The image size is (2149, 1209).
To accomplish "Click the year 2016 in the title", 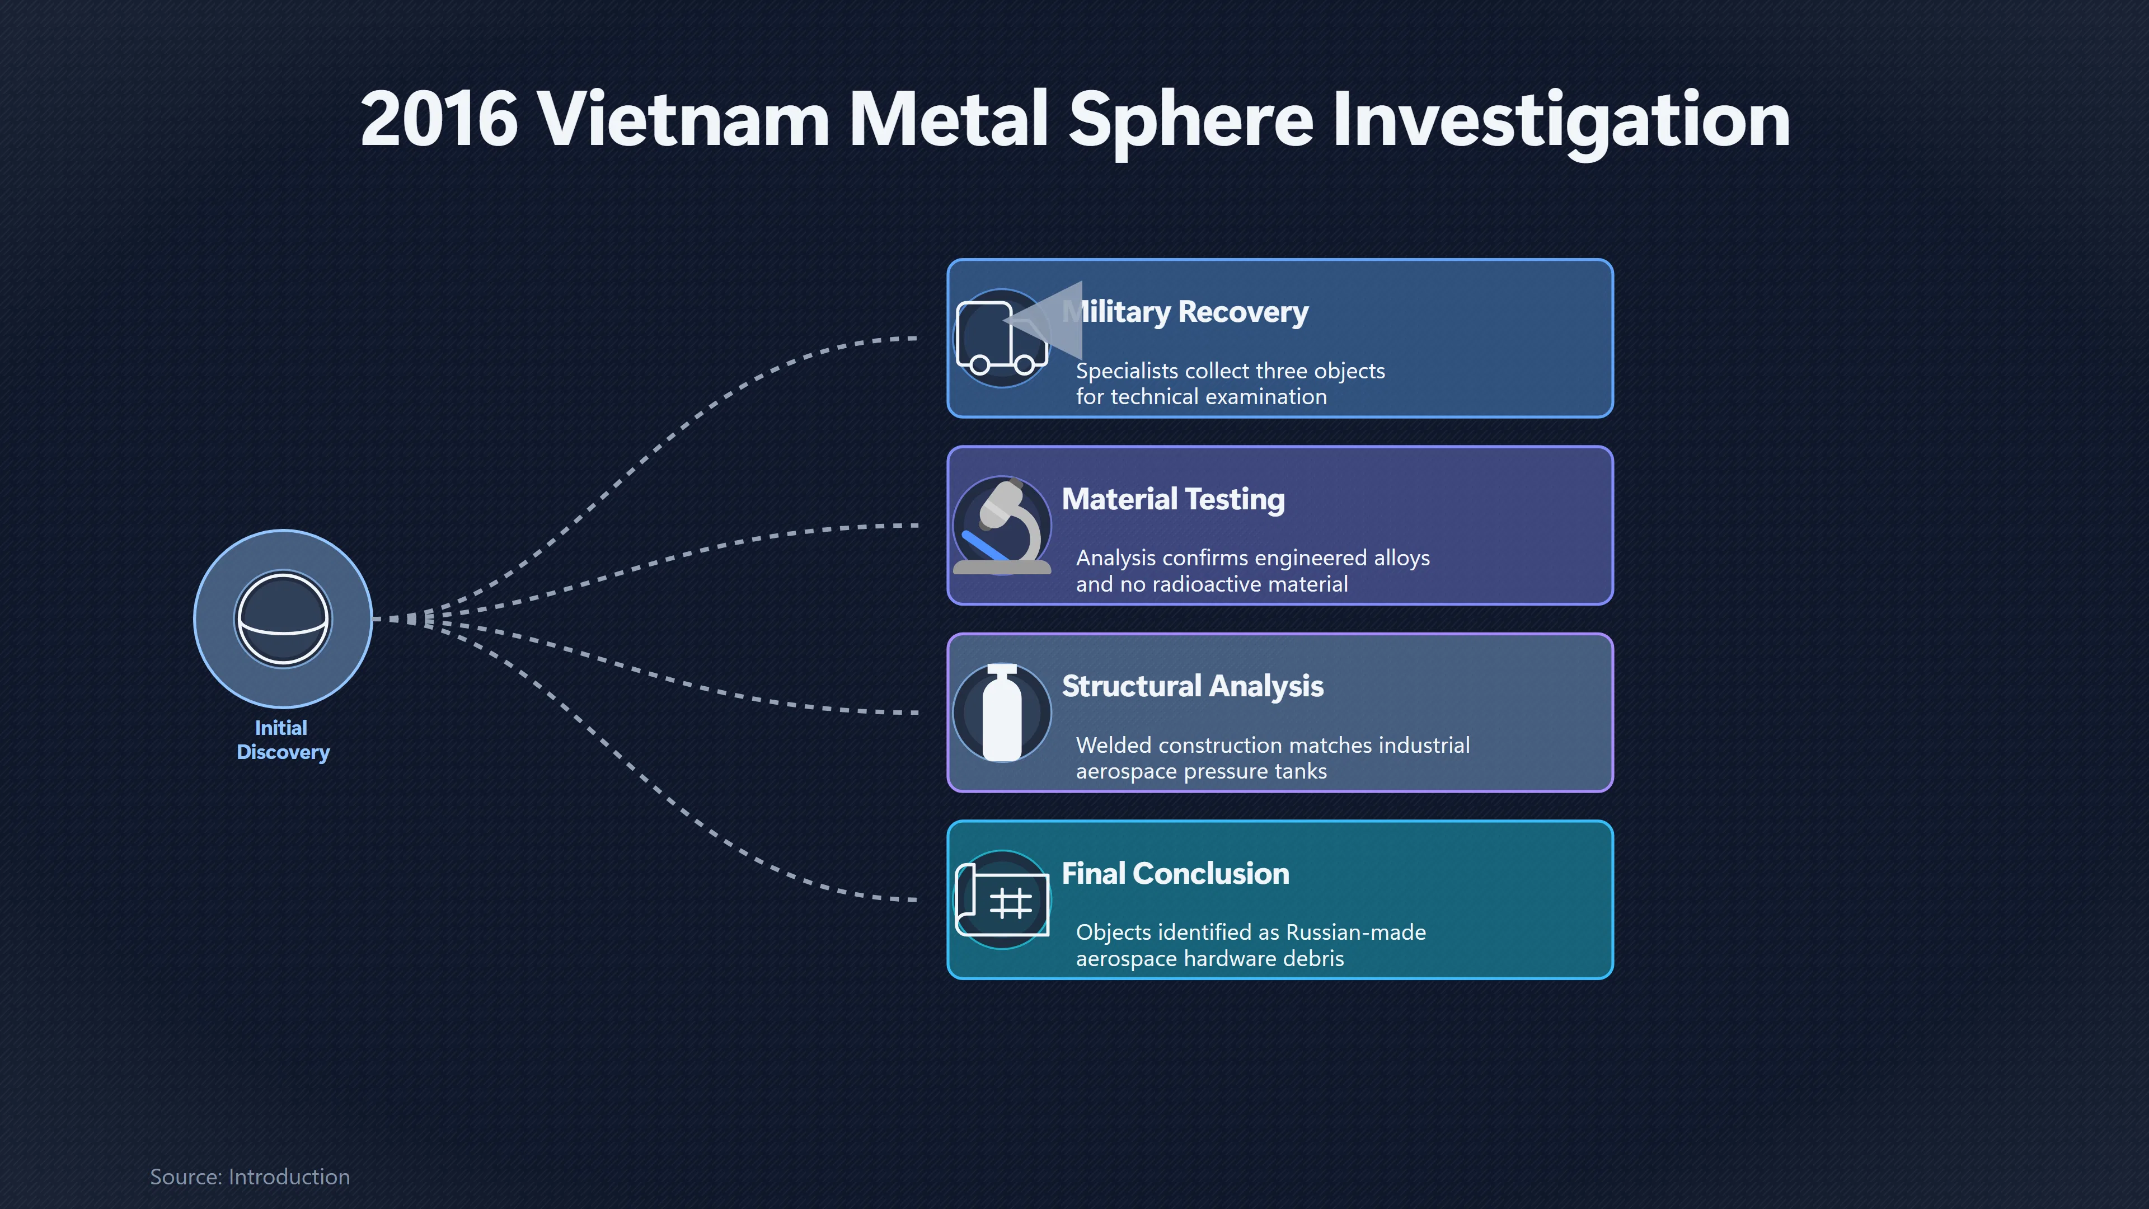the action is click(x=439, y=119).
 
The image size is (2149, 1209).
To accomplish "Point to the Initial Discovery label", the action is click(x=283, y=740).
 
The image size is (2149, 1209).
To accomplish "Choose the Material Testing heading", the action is click(x=1173, y=499).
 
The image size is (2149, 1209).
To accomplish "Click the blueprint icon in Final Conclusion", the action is click(x=1002, y=900).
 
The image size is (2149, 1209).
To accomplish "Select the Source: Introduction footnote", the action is click(x=250, y=1177).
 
